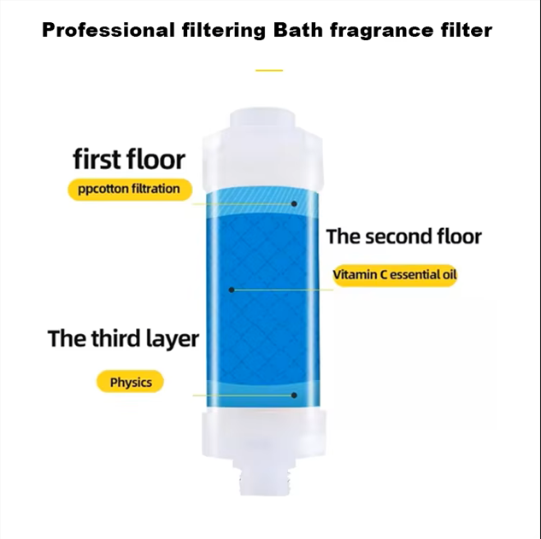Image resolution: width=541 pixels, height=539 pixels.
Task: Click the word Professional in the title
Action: pos(105,32)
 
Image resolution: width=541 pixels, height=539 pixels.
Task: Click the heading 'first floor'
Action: pos(129,159)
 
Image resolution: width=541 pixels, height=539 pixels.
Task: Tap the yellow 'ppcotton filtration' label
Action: pos(130,189)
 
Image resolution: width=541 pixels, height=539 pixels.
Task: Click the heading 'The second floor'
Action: pos(403,237)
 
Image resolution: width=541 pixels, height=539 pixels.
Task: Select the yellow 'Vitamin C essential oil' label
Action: pos(395,276)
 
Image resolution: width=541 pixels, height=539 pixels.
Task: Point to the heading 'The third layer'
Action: pos(123,338)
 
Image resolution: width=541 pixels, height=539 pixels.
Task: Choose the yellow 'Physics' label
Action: pos(131,382)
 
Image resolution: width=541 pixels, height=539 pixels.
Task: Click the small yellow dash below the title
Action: pos(269,70)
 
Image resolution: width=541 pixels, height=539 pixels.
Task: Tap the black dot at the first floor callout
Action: pos(294,204)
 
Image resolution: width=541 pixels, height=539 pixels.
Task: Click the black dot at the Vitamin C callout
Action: pos(231,290)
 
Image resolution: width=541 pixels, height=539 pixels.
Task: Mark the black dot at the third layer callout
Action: pos(294,395)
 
